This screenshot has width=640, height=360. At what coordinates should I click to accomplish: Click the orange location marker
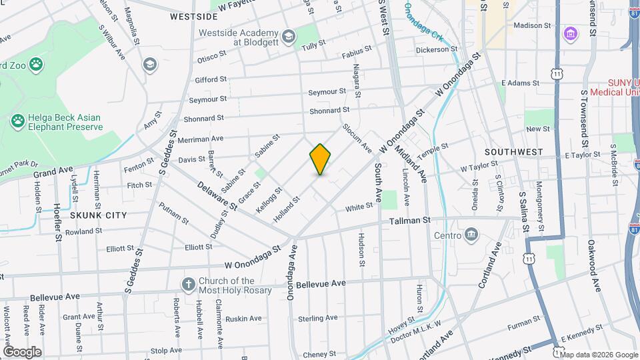tap(320, 160)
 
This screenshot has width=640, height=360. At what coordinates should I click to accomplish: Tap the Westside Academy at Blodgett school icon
tap(288, 35)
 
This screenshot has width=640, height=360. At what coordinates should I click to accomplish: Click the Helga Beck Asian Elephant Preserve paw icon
tap(18, 121)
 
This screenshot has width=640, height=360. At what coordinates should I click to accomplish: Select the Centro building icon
tap(471, 235)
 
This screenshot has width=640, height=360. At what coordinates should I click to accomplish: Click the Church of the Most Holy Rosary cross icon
tap(189, 285)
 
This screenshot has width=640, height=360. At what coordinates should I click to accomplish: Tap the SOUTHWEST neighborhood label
tap(513, 152)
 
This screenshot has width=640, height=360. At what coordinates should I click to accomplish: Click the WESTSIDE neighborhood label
tap(194, 16)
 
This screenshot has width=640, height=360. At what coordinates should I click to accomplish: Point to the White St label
tap(358, 208)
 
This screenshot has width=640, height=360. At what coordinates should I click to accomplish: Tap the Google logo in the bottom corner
tap(22, 351)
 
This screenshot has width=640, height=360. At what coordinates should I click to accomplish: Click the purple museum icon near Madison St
tap(571, 33)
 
